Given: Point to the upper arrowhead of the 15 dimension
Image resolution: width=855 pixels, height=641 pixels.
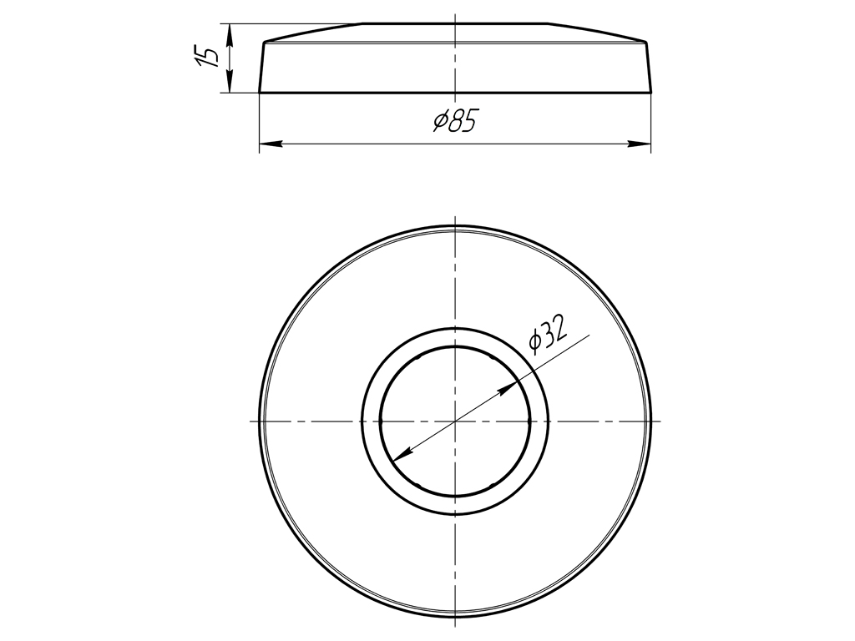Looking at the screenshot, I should click(x=230, y=28).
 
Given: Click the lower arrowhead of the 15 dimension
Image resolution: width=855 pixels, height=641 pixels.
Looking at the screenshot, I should click(x=230, y=88).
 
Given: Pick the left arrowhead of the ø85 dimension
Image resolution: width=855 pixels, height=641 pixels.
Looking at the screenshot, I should click(x=265, y=145).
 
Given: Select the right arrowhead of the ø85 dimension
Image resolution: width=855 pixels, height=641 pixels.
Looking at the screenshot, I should click(x=645, y=145).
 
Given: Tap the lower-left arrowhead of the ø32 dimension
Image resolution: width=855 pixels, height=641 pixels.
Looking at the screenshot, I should click(x=397, y=456).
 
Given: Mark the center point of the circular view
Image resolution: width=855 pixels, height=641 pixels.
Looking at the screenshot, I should click(x=455, y=421).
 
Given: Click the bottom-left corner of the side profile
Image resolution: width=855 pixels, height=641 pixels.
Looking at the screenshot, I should click(x=260, y=92).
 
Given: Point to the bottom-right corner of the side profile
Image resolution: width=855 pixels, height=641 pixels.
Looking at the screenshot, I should click(x=651, y=92).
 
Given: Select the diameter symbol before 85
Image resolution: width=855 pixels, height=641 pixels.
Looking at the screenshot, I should click(x=440, y=123).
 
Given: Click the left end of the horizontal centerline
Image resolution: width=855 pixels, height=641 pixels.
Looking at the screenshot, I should click(x=250, y=421).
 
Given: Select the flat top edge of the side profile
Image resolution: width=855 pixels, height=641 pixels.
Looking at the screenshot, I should click(x=455, y=23).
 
